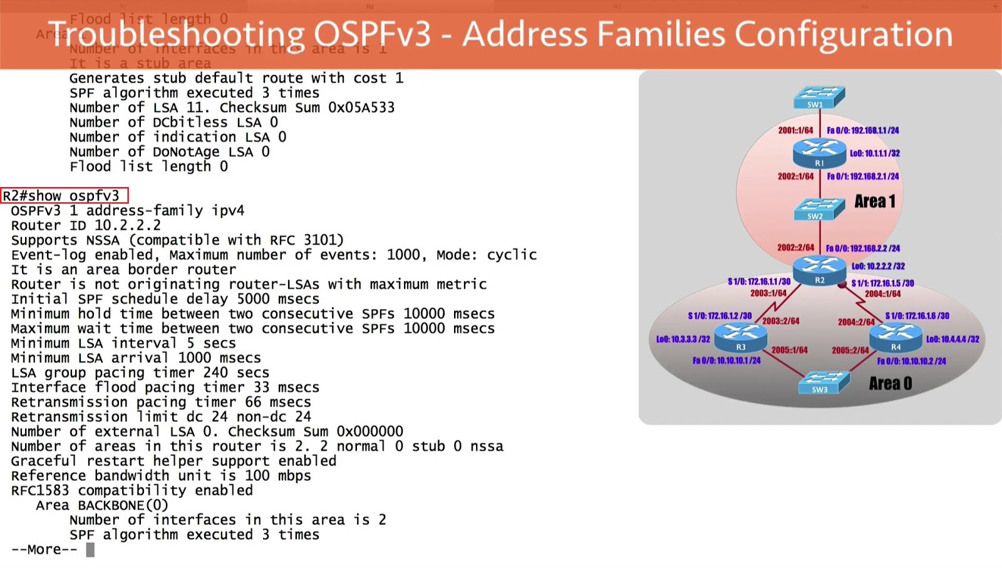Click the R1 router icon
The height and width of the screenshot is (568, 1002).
[819, 153]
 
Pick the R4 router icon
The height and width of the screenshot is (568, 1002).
[896, 337]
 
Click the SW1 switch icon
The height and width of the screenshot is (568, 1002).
[819, 98]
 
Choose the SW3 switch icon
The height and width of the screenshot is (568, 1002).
[824, 382]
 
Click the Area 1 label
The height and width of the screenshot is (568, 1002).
[875, 201]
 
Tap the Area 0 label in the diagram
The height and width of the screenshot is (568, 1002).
[891, 383]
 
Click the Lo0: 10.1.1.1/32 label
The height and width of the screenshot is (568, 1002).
[875, 153]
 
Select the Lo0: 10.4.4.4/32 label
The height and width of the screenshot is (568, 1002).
[953, 339]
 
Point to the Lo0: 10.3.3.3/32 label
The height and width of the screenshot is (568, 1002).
[683, 339]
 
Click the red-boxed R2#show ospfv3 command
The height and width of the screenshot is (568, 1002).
[64, 196]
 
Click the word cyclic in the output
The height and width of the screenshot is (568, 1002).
[512, 255]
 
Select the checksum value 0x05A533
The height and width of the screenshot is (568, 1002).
[361, 108]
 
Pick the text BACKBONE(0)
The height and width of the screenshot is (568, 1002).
[123, 505]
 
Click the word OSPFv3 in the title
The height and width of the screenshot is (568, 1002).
[372, 34]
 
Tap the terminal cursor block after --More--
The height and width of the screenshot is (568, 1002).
[90, 549]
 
